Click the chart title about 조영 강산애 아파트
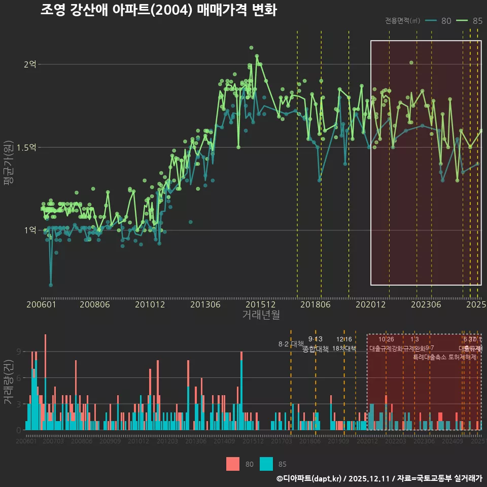tap(158, 10)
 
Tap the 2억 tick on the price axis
tap(30, 64)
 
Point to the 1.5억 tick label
tap(26, 148)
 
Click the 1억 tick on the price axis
tap(30, 230)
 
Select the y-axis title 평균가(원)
tap(8, 165)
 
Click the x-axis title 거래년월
tap(261, 315)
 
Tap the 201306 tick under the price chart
tap(205, 305)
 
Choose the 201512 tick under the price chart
tap(260, 305)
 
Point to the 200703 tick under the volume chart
tap(53, 442)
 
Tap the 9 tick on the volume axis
tap(18, 352)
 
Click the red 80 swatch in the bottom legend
tap(233, 464)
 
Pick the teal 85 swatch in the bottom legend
tap(266, 464)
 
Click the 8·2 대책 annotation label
tap(291, 344)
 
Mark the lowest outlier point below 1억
tap(51, 285)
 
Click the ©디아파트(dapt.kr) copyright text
tap(309, 478)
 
